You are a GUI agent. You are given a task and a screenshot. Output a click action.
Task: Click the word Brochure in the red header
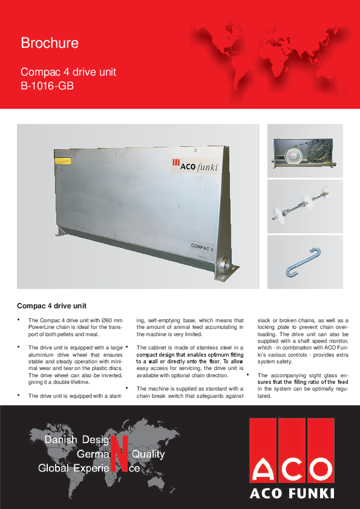[50, 44]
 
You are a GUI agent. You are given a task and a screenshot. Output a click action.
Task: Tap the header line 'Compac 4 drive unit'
[68, 73]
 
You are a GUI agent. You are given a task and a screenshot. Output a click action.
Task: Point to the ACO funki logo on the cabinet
[194, 166]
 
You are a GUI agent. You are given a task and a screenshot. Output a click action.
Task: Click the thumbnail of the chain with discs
[304, 206]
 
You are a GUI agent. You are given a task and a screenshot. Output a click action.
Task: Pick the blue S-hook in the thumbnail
[305, 263]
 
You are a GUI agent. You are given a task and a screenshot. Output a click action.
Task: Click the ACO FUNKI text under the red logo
[293, 494]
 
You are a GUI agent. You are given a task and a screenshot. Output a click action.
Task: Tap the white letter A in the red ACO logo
[267, 470]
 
